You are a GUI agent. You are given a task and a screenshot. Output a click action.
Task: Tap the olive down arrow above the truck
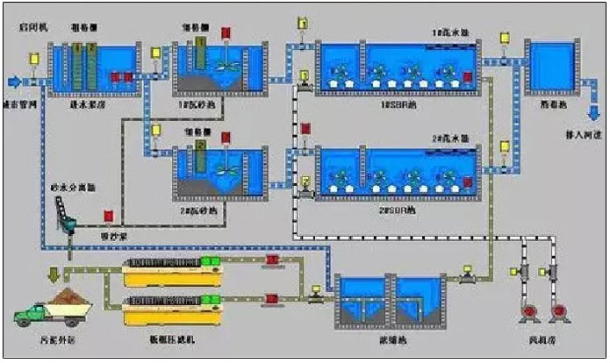(x=50, y=273)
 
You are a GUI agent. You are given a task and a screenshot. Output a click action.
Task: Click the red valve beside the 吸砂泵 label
(x=108, y=215)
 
